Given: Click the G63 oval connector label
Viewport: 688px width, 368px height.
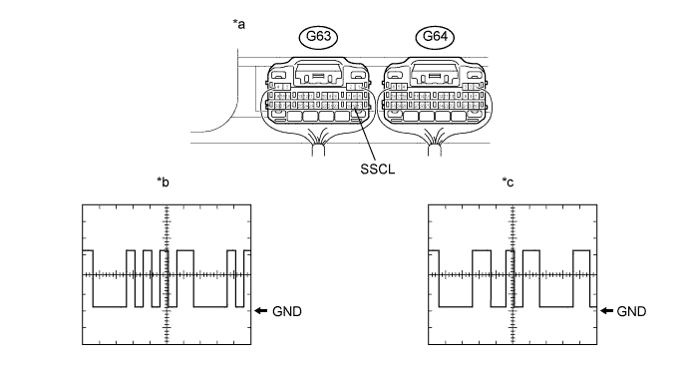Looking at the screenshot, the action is point(318,37).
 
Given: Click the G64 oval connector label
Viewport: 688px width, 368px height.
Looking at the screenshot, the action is point(435,37).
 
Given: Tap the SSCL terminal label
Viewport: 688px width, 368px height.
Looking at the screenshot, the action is point(377,169).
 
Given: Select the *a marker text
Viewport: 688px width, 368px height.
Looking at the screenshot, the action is point(239,24).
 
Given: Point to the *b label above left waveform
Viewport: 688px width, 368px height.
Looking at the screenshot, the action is point(163,182).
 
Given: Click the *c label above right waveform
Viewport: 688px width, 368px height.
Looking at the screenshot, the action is point(508,182).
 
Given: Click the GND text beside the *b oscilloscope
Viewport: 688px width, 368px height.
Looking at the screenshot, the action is point(287,311).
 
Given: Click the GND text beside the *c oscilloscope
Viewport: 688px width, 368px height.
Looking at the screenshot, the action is point(631,311).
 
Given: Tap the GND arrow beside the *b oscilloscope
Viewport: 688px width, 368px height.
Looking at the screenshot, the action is point(261,311).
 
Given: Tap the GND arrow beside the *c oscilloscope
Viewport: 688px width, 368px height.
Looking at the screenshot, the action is point(606,311).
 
